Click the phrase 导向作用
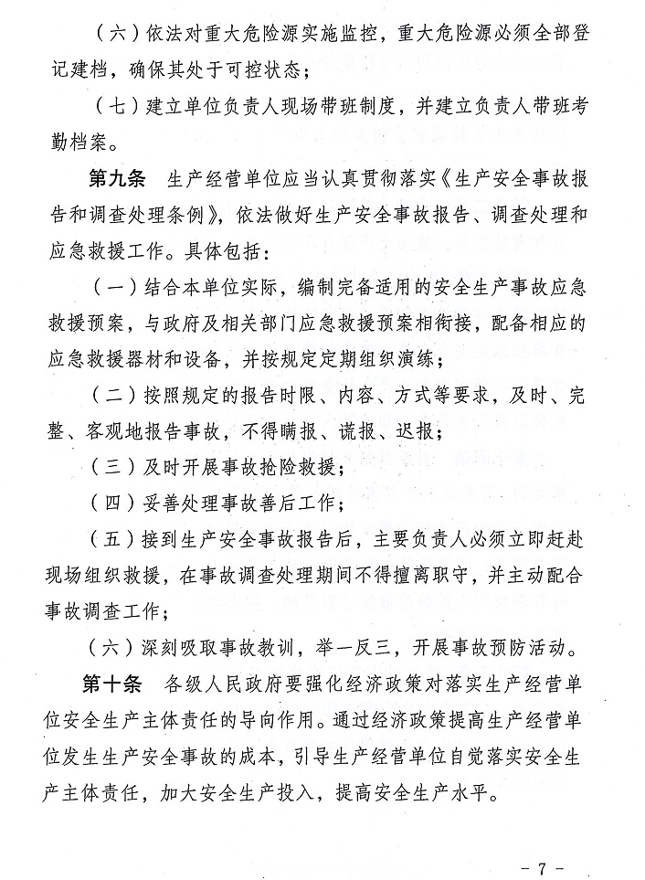click(289, 717)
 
